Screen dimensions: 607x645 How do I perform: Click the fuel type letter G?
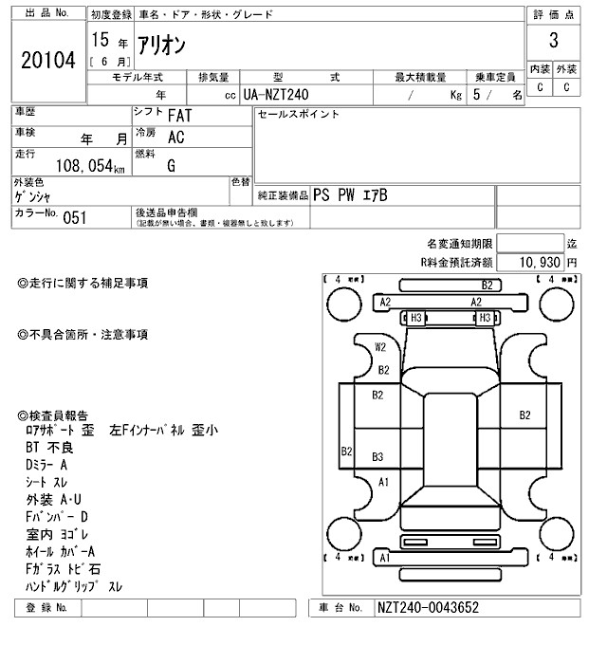pyautogui.click(x=171, y=166)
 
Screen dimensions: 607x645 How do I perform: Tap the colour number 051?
pyautogui.click(x=74, y=217)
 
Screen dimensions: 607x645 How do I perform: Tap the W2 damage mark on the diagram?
pyautogui.click(x=380, y=346)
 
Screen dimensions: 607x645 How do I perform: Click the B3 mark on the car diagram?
pyautogui.click(x=377, y=456)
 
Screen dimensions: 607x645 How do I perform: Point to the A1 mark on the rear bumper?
pyautogui.click(x=384, y=558)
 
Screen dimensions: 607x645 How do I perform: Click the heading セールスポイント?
pyautogui.click(x=299, y=114)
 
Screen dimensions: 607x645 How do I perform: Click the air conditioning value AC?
pyautogui.click(x=175, y=137)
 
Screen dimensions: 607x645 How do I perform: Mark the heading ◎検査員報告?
pyautogui.click(x=54, y=415)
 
